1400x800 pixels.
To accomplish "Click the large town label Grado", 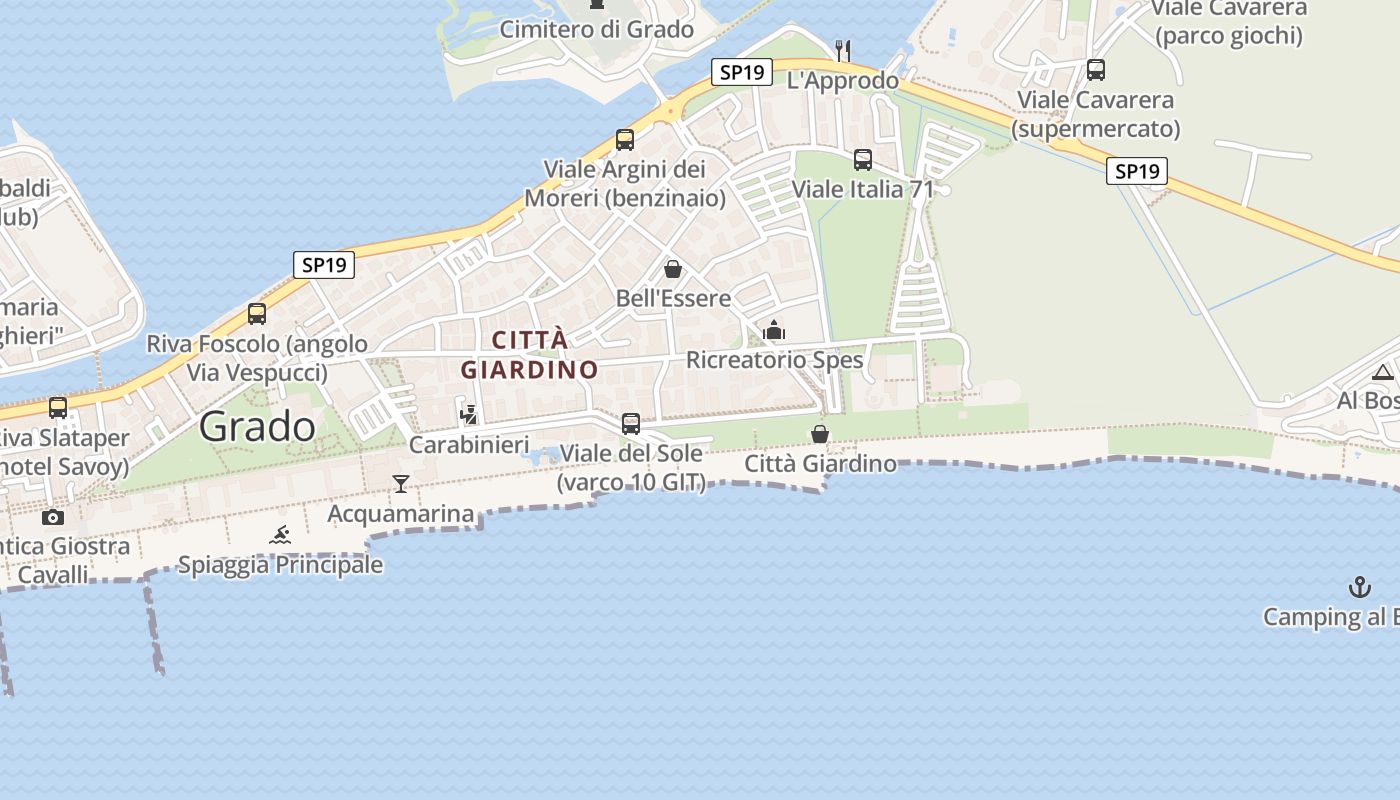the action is tap(257, 427).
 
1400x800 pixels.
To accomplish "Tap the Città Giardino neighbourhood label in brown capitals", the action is tap(529, 354).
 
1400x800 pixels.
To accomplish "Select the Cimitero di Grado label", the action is tap(597, 29).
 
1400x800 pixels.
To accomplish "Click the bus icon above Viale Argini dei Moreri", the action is tap(625, 139).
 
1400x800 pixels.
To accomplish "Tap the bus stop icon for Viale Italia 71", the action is tap(863, 160).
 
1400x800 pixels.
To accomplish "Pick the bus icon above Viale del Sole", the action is tap(631, 423).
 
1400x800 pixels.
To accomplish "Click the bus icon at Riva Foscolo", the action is tap(257, 314).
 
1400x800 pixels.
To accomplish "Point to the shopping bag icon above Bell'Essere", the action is tap(673, 269).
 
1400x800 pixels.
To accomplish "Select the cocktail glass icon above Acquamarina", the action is tap(401, 484).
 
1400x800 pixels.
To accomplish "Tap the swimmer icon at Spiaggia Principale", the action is tap(280, 535).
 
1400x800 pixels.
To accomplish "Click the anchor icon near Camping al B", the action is tap(1360, 587).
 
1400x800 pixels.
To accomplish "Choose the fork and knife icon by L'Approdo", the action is tap(843, 50).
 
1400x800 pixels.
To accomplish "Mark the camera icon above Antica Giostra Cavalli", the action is tap(53, 517).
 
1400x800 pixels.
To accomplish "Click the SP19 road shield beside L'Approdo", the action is tap(742, 72).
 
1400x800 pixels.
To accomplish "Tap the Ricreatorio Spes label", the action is tap(775, 360).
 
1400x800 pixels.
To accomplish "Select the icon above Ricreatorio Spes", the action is tap(774, 330).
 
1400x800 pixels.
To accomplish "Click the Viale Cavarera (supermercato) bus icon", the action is tap(1096, 70).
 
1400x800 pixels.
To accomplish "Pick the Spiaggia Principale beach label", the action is tap(280, 565).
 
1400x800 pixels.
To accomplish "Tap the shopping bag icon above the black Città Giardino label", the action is tap(820, 434).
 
